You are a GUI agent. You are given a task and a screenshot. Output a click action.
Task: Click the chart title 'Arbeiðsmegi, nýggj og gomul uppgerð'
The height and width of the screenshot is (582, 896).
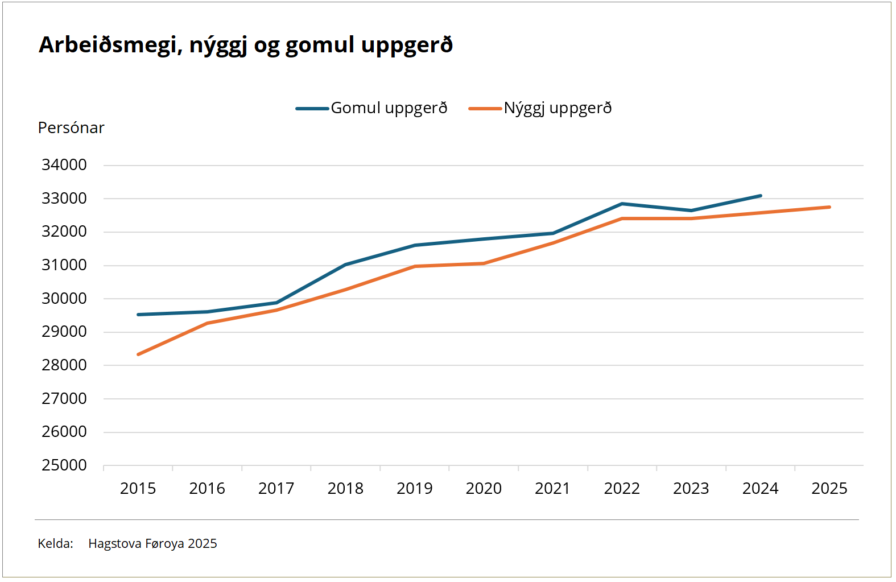pyautogui.click(x=245, y=45)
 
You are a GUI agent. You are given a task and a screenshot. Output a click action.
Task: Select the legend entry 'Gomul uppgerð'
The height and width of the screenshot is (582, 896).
pyautogui.click(x=389, y=108)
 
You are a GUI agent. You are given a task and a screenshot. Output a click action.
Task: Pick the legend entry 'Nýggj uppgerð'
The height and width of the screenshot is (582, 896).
pyautogui.click(x=558, y=108)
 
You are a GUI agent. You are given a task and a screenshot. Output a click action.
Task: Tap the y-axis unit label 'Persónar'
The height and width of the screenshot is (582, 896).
pyautogui.click(x=71, y=128)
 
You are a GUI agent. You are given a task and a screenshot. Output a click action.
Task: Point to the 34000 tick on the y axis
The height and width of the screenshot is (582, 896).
pyautogui.click(x=64, y=165)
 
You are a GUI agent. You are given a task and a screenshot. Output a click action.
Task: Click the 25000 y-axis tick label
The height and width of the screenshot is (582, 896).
pyautogui.click(x=64, y=465)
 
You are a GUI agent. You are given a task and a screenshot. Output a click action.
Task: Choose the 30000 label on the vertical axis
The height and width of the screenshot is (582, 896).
pyautogui.click(x=64, y=299)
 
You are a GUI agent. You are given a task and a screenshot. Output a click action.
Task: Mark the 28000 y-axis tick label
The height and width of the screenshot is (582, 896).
pyautogui.click(x=64, y=365)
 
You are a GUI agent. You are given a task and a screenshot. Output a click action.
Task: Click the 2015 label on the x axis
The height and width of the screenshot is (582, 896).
pyautogui.click(x=138, y=489)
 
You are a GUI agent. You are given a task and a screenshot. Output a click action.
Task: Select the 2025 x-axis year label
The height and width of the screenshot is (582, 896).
pyautogui.click(x=829, y=489)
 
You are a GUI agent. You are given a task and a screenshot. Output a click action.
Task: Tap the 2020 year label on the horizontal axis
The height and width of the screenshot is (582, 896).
pyautogui.click(x=484, y=489)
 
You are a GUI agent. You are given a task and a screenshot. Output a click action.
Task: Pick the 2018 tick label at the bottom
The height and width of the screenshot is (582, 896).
pyautogui.click(x=345, y=489)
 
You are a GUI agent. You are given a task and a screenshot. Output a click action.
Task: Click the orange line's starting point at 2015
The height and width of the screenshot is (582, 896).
pyautogui.click(x=138, y=354)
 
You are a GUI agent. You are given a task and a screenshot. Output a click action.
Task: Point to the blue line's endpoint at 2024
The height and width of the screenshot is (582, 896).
pyautogui.click(x=761, y=196)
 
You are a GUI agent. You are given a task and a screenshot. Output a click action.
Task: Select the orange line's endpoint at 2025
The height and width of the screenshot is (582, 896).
pyautogui.click(x=829, y=207)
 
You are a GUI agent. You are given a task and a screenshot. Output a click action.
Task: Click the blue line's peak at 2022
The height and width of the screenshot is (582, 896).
pyautogui.click(x=622, y=204)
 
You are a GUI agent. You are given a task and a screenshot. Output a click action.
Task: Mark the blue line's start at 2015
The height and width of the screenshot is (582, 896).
pyautogui.click(x=138, y=315)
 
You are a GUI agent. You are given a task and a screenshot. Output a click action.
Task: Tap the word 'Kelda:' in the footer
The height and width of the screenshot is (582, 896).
pyautogui.click(x=55, y=544)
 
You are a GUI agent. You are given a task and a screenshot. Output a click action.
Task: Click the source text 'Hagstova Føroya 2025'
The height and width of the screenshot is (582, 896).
pyautogui.click(x=152, y=544)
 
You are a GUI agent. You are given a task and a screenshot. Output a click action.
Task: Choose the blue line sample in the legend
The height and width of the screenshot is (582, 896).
pyautogui.click(x=312, y=109)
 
